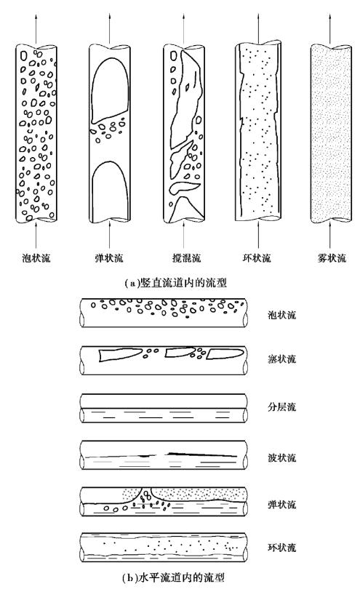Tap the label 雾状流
332,258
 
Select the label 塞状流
281,359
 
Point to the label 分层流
281,406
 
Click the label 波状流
281,457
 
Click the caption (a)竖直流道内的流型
175,282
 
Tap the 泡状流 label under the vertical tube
36,258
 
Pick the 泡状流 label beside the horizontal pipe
281,315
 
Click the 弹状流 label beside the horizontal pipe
281,504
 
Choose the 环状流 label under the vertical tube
257,258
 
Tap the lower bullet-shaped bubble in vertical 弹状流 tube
110,191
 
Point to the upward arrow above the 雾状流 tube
332,29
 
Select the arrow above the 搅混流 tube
185,29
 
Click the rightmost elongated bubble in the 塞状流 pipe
225,354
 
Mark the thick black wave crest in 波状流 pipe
202,454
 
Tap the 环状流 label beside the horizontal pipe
281,548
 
